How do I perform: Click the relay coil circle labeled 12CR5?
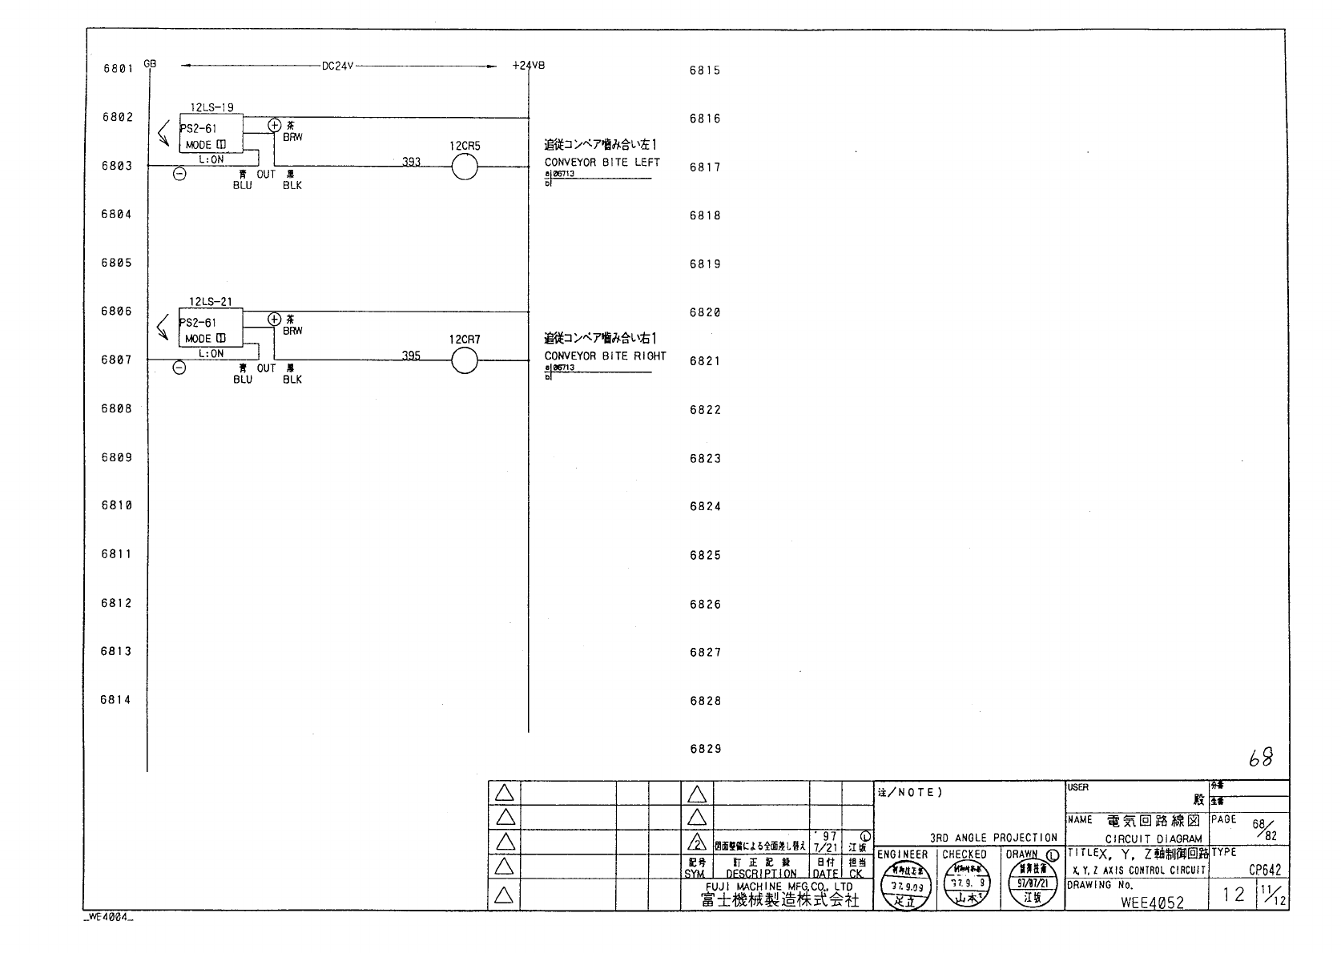[465, 167]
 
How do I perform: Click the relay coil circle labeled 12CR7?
[465, 362]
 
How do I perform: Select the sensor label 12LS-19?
[211, 107]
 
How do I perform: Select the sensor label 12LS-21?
[211, 302]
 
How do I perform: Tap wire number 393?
[411, 162]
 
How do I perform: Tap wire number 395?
[411, 356]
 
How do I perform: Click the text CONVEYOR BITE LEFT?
[602, 162]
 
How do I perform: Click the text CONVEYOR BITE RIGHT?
[605, 356]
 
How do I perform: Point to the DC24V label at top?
[337, 66]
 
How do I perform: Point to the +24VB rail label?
[528, 66]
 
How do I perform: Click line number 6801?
[118, 69]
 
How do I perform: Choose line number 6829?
[705, 749]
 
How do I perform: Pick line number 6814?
[116, 700]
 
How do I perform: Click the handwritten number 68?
[1261, 758]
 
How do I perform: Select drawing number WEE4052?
[1152, 902]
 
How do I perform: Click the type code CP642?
[1265, 870]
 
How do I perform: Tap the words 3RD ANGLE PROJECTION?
[993, 838]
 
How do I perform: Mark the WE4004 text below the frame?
[108, 918]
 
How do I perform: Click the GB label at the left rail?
[150, 63]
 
